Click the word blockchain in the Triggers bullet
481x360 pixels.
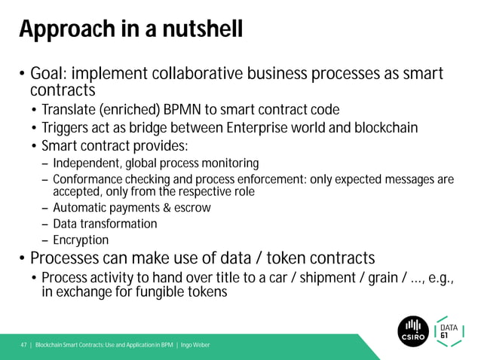pos(382,128)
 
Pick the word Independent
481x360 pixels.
pos(87,163)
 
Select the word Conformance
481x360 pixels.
pos(90,180)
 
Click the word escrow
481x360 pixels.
pos(191,207)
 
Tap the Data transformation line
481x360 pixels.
pos(105,224)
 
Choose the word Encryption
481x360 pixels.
pos(81,240)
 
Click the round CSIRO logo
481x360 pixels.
pos(412,329)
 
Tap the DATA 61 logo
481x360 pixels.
pos(451,329)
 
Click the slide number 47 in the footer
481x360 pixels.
pos(23,345)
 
